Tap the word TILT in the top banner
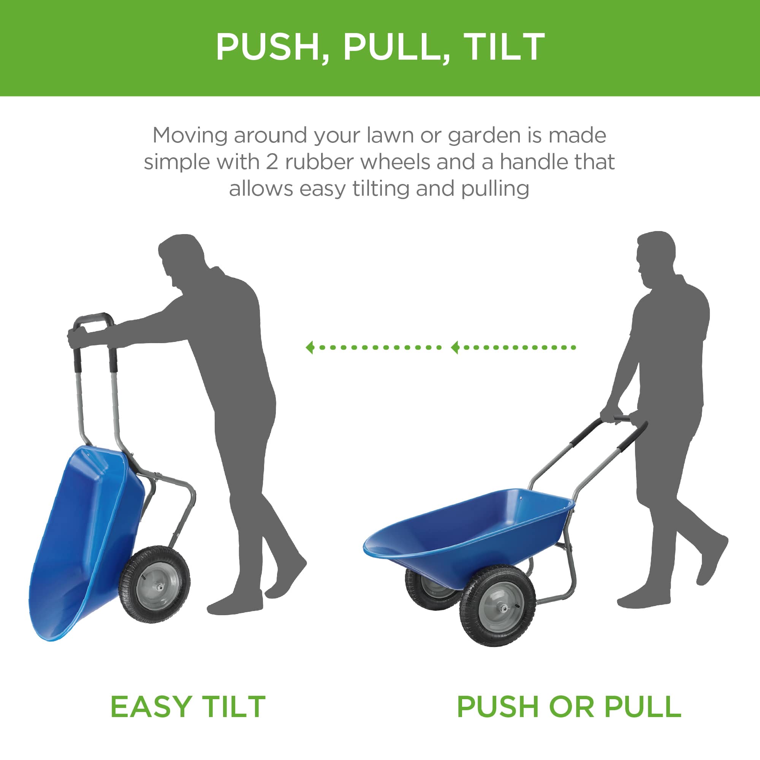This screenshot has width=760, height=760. click(504, 47)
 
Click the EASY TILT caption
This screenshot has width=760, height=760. click(188, 707)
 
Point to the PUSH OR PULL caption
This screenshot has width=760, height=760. click(569, 707)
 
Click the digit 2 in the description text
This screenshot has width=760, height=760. click(272, 162)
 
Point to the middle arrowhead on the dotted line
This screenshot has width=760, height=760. click(456, 347)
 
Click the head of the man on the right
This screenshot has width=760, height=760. click(655, 256)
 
